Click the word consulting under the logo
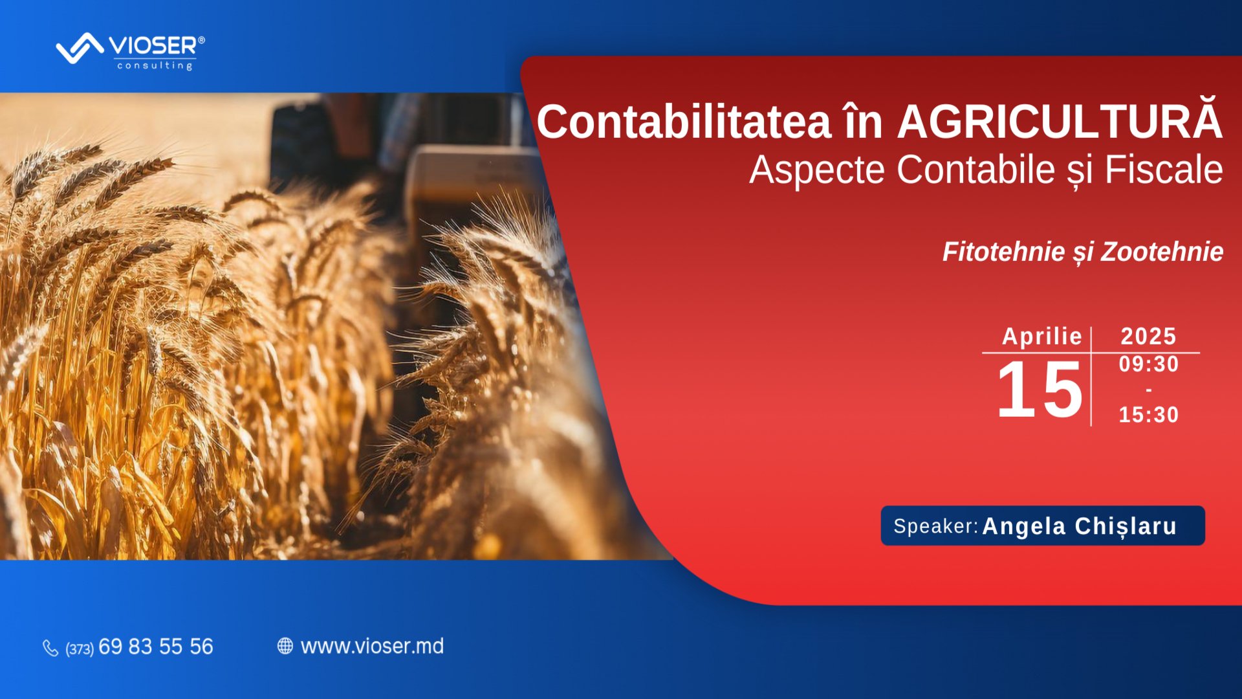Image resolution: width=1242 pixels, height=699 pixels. (x=155, y=65)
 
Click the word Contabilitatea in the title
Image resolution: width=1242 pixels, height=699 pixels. (x=684, y=122)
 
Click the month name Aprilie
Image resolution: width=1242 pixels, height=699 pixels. (x=1041, y=337)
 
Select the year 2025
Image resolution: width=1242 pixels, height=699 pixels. (x=1148, y=337)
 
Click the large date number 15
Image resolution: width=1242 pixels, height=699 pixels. (x=1040, y=390)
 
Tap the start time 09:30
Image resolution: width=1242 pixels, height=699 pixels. (x=1149, y=364)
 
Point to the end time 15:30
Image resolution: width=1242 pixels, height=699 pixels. (x=1149, y=415)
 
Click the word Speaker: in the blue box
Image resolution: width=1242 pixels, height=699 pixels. (x=935, y=526)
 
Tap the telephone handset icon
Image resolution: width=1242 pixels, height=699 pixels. (x=50, y=648)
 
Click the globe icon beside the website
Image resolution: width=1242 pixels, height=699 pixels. (x=285, y=646)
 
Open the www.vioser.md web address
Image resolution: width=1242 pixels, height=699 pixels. (x=372, y=646)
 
